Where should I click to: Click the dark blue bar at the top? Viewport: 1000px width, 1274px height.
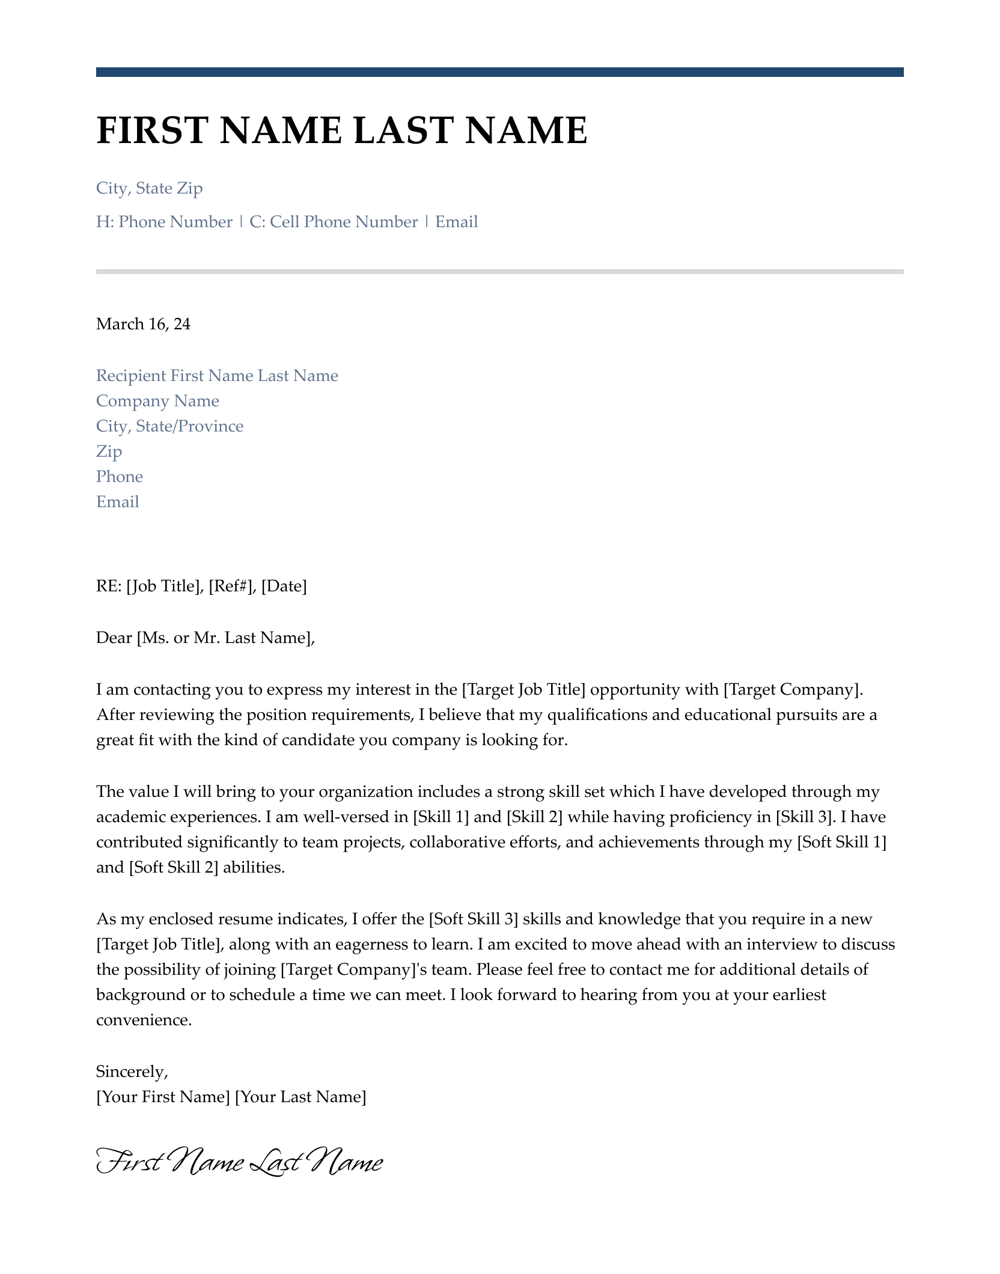499,72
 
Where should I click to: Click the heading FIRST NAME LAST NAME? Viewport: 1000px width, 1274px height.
341,130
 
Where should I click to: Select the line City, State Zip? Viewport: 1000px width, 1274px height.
149,189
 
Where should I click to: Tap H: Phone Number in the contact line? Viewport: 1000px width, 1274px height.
164,222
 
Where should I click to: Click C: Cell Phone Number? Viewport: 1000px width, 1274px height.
334,222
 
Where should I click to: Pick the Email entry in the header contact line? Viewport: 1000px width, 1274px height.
456,222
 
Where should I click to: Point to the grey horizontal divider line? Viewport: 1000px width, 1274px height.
499,272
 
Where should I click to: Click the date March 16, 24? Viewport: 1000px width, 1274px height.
143,325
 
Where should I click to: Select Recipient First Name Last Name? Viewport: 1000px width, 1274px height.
217,376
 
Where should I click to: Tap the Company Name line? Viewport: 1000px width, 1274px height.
157,401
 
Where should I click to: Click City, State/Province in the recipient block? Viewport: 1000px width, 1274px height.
169,427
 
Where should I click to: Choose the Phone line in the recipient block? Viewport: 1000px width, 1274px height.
120,477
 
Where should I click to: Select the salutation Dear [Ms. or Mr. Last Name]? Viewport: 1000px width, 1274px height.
205,638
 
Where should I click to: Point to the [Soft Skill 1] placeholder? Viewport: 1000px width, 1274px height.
841,843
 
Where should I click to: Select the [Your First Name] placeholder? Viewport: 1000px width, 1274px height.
163,1097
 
